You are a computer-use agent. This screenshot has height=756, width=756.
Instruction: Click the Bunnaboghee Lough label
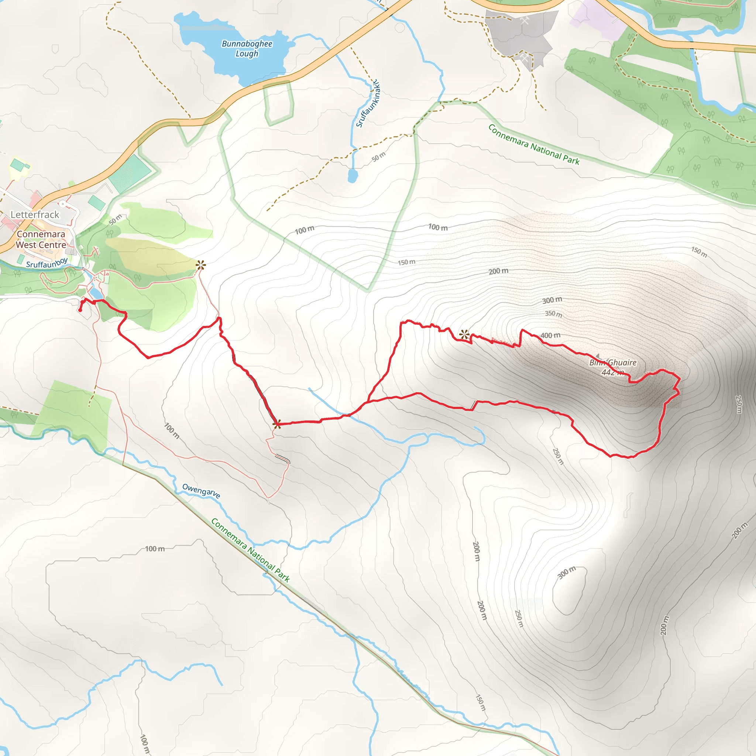pos(247,48)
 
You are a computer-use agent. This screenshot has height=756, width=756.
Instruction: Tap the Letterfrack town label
pos(35,214)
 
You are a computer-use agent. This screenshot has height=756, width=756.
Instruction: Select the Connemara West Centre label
pos(41,239)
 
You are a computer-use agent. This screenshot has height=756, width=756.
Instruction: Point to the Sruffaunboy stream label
pos(47,263)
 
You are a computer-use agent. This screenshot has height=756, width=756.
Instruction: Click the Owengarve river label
pos(201,491)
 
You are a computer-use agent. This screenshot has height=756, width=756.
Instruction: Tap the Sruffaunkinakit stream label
pos(368,104)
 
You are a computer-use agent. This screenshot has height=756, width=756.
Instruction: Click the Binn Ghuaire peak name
pos(613,362)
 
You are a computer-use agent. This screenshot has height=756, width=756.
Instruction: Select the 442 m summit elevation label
pos(612,372)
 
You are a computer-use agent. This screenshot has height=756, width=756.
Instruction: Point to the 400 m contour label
pos(550,335)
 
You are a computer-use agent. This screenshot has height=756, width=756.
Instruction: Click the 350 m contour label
pos(554,314)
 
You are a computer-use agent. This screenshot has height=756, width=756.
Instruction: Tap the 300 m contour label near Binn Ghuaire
pos(552,300)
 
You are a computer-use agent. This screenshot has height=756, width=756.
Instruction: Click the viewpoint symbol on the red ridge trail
pos(464,334)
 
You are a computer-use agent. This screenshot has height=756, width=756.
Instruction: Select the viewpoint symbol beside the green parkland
pos(201,265)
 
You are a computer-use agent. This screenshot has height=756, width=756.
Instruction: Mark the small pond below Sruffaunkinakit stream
pos(353,176)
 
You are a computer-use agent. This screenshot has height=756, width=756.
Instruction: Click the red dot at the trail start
pos(80,310)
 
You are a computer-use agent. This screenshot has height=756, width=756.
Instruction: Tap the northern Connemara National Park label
pos(534,144)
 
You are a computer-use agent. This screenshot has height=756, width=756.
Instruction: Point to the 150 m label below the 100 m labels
pos(406,262)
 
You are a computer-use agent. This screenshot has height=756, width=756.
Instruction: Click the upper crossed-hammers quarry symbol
pos(525,21)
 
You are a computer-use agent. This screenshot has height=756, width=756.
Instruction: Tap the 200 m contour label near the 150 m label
pos(498,271)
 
